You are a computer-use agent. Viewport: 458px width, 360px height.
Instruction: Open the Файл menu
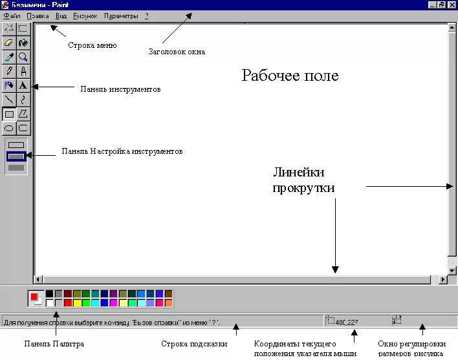coord(11,15)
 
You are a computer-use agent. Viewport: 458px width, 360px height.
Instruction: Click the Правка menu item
coord(38,15)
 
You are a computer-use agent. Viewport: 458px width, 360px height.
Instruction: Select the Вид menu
coord(61,15)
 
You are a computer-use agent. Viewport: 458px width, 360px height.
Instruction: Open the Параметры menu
coord(121,15)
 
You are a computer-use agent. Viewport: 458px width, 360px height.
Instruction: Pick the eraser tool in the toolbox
coord(9,43)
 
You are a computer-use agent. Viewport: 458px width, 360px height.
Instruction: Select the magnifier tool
coord(23,57)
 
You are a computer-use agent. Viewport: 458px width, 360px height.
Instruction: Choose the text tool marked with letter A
coord(23,85)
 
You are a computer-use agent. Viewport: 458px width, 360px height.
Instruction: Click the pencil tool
coord(9,71)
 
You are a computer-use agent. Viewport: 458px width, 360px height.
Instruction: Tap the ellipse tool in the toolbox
coord(9,127)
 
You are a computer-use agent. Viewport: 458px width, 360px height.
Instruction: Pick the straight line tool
coord(9,100)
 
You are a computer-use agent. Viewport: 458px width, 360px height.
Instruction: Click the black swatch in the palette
coord(50,293)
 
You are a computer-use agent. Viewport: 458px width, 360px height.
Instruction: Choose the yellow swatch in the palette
coord(77,302)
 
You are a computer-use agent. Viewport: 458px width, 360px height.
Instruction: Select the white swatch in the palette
coord(50,302)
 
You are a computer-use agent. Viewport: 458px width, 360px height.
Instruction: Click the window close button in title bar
coord(452,4)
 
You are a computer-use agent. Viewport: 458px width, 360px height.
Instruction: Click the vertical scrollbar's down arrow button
coord(452,270)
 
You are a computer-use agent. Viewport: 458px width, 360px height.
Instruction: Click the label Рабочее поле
coord(290,76)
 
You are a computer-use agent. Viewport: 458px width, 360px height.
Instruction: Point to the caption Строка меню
coord(92,45)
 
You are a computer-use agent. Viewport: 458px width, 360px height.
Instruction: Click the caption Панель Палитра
coord(54,344)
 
